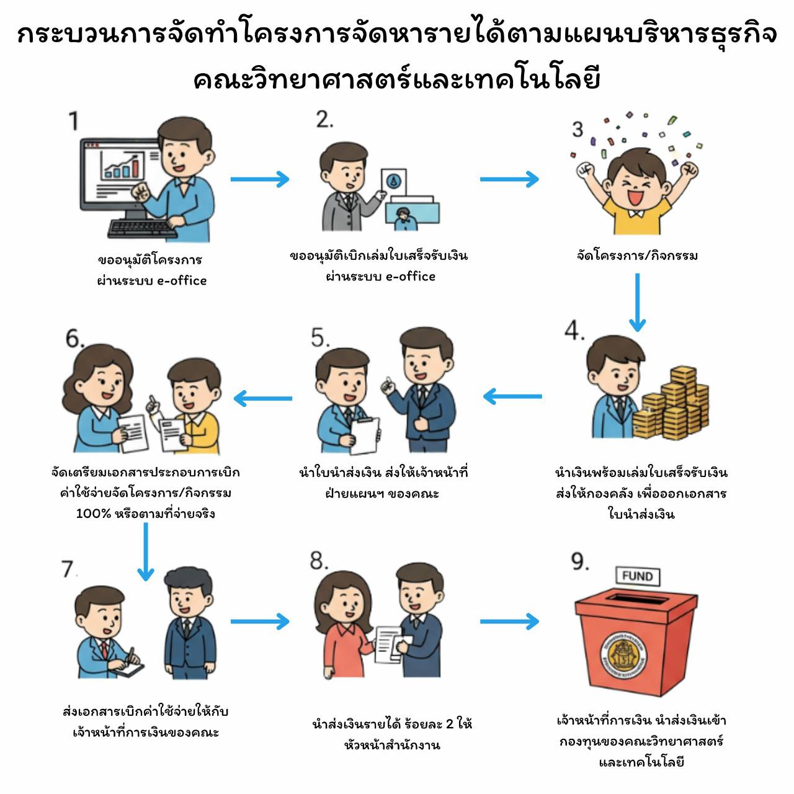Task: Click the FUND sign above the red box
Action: click(637, 576)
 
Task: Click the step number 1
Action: click(74, 120)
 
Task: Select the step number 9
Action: click(579, 561)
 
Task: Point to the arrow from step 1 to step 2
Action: click(259, 179)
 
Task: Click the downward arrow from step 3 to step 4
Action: click(637, 302)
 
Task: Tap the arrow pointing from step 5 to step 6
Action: click(263, 398)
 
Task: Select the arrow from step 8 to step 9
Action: click(509, 621)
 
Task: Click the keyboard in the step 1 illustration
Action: click(141, 228)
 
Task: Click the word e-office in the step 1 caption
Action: click(181, 280)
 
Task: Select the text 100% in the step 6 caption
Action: click(93, 514)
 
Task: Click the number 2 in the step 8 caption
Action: click(450, 724)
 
